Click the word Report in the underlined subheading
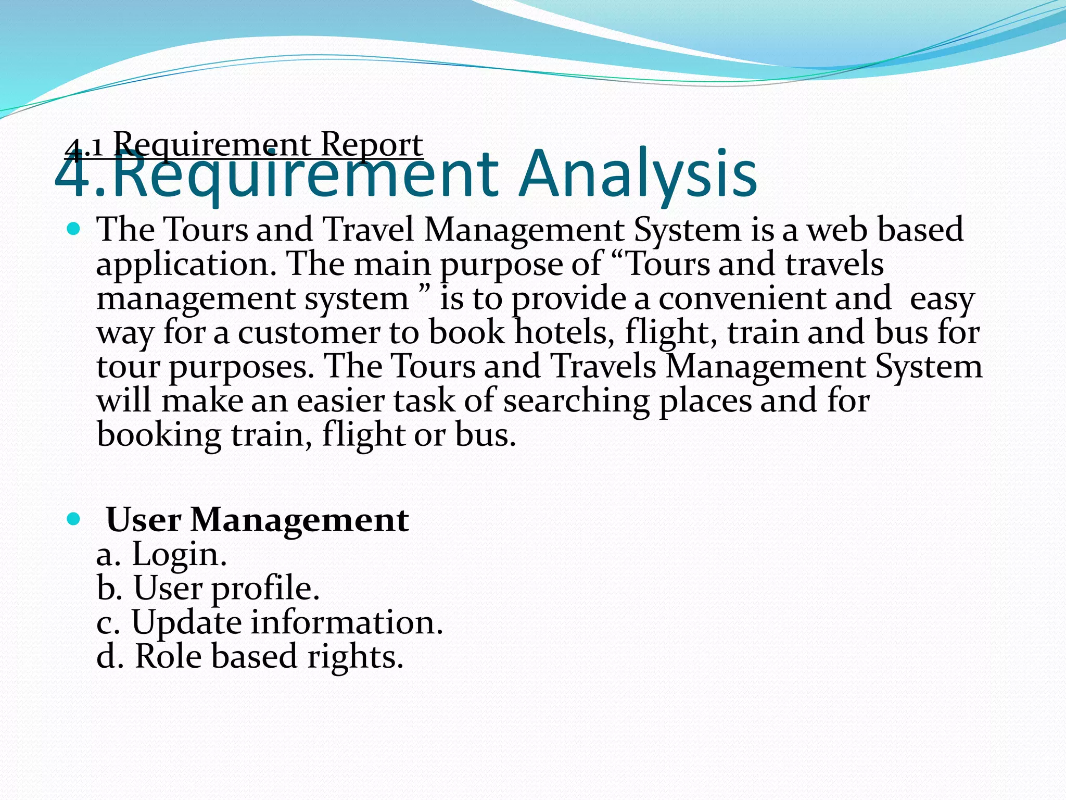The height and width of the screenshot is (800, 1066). coord(371,144)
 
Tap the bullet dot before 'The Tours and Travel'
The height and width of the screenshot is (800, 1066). coord(74,229)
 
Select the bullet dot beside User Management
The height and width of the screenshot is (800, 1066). coord(74,519)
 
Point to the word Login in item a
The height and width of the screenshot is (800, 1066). coord(179,554)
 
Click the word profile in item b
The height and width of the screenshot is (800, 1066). coord(265,589)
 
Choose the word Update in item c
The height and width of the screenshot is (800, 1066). coord(186,623)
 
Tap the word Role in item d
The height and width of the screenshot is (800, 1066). coord(168,656)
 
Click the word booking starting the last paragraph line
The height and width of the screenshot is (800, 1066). coord(159,435)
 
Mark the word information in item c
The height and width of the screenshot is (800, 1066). coord(347,622)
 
